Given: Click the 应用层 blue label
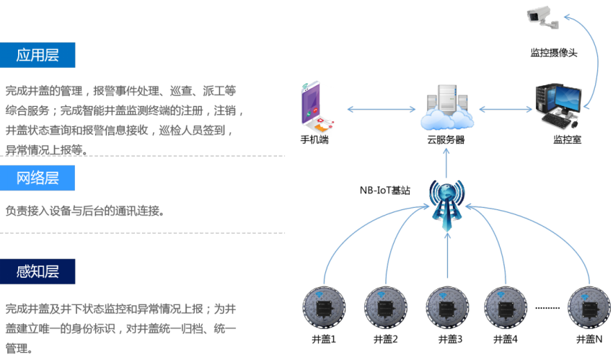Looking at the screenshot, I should (38, 55).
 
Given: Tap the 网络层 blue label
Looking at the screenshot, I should (38, 178).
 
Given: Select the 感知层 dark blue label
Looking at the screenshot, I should (38, 271).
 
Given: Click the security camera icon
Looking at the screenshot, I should (543, 16).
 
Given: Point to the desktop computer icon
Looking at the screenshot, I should (557, 105).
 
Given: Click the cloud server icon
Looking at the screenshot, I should (446, 109).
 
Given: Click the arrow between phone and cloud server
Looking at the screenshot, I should (382, 110).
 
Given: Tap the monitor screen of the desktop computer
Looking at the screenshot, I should (567, 97).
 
